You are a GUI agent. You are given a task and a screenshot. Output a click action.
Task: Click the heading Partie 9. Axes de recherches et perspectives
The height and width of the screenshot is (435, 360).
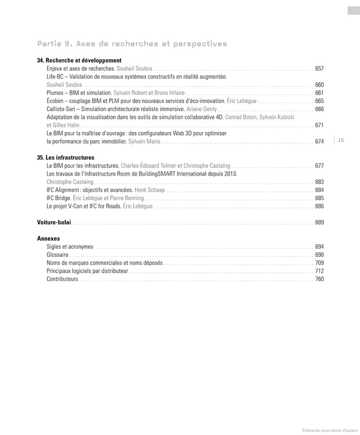click(132, 43)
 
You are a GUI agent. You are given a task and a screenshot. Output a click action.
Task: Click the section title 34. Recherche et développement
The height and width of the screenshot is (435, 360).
click(80, 60)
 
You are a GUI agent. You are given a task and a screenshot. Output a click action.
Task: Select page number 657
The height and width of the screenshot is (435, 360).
click(319, 68)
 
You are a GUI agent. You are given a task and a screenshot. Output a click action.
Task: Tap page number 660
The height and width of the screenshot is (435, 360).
click(319, 85)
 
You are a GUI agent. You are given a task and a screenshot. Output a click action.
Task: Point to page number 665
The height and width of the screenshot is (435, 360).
click(319, 101)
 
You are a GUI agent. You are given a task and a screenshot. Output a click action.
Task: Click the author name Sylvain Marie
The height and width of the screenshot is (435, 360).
click(144, 142)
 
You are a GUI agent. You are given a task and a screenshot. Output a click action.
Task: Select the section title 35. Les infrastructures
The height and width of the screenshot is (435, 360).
click(66, 158)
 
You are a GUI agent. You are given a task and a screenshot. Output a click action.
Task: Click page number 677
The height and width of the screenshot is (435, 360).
click(319, 166)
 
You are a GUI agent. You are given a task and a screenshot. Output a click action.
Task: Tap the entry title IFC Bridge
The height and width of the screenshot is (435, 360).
click(58, 198)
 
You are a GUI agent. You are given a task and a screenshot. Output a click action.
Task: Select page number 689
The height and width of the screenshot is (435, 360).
click(319, 222)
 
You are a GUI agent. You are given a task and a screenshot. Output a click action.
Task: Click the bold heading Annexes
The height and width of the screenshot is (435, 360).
click(48, 239)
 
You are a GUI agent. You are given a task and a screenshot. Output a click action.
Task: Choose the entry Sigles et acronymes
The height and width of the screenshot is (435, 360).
click(70, 247)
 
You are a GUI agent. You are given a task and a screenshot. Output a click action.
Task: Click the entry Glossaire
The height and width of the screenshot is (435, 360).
click(57, 255)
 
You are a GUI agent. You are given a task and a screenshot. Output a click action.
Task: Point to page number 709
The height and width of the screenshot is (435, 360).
click(319, 263)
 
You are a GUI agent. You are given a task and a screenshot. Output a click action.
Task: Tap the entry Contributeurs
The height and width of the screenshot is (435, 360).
click(62, 279)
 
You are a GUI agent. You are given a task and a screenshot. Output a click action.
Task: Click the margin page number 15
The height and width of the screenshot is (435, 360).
click(340, 140)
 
